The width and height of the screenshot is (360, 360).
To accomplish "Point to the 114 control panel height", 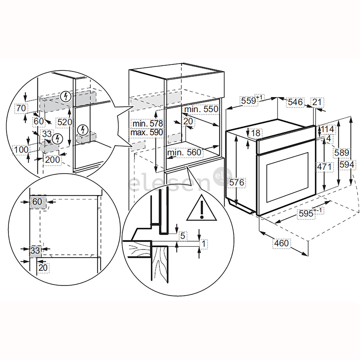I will tap(327, 129).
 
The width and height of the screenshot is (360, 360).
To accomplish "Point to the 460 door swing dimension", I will tap(281, 243).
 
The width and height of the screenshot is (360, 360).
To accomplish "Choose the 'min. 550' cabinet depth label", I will tap(201, 109).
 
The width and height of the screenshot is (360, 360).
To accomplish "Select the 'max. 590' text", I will tap(147, 132).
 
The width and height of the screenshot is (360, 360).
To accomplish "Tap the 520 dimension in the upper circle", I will tap(64, 122).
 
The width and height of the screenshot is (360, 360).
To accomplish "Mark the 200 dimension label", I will tap(53, 159).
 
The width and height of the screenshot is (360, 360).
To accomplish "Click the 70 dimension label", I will tap(21, 108).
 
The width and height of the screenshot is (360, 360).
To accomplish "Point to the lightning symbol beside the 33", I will tap(58, 138).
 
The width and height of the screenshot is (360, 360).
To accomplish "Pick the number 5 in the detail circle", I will tap(182, 236).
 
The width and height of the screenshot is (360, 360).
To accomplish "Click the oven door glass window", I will tap(287, 177).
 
